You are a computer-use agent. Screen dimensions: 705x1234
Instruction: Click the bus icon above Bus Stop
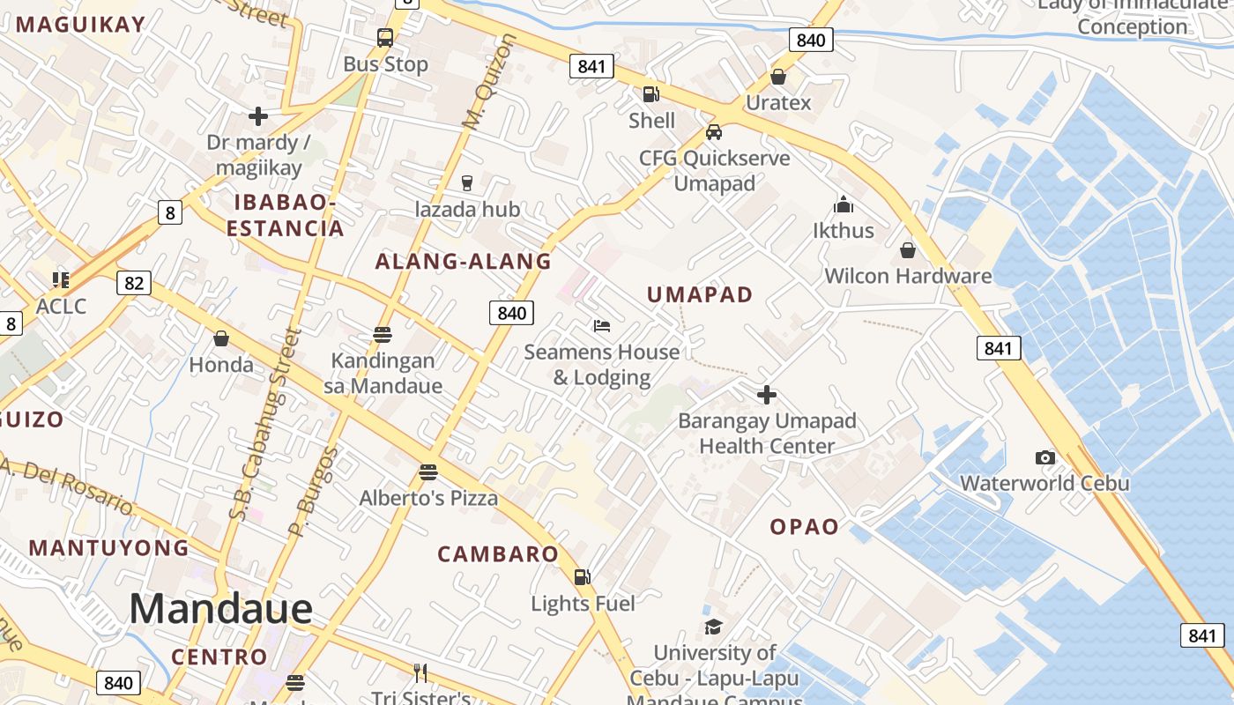click(385, 38)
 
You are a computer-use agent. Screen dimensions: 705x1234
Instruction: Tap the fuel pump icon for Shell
click(650, 94)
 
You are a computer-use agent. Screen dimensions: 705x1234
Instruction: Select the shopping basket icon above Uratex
click(777, 77)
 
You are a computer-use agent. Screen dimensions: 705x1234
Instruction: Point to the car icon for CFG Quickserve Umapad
click(714, 132)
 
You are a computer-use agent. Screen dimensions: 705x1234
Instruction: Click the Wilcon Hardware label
click(908, 276)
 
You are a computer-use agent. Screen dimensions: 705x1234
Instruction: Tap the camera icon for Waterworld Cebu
click(1044, 457)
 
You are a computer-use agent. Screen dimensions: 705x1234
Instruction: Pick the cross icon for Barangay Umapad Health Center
click(767, 395)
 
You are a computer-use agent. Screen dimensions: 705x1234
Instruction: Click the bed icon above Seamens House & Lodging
click(602, 326)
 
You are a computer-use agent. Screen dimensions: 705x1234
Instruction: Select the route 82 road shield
click(134, 283)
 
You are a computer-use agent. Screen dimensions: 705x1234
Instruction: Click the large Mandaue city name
click(220, 609)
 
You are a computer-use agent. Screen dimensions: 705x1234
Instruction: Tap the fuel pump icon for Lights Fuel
click(583, 577)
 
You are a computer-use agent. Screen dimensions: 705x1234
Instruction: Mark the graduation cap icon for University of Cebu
click(713, 627)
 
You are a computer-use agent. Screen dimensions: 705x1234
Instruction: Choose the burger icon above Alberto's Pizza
click(428, 471)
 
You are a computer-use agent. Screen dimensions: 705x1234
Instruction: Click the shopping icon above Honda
click(221, 338)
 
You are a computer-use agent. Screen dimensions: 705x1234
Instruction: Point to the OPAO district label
click(804, 527)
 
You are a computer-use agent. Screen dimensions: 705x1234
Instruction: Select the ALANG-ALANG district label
click(463, 262)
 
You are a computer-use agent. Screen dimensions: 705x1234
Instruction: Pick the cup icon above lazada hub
click(467, 182)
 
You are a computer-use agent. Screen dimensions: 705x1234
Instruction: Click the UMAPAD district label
click(700, 295)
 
